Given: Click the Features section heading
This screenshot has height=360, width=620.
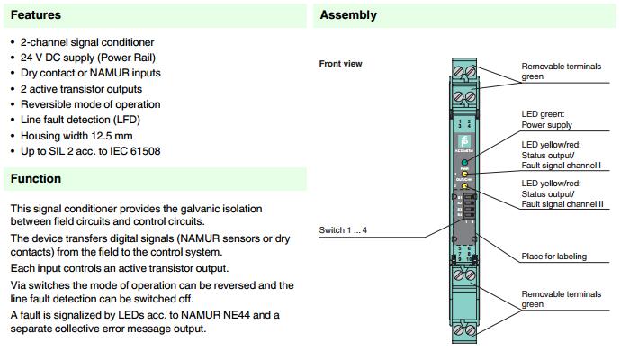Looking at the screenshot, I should [x=36, y=15].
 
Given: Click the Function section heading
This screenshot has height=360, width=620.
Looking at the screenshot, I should [x=36, y=178].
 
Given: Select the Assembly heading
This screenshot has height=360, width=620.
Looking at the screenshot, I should [x=348, y=15].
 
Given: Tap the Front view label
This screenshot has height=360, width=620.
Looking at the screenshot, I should [x=341, y=64].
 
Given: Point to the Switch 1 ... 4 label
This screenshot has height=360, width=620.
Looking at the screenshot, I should [x=343, y=230].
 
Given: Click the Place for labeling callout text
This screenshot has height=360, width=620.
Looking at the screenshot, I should [x=553, y=256].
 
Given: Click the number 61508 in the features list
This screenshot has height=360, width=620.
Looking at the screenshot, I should [x=143, y=150].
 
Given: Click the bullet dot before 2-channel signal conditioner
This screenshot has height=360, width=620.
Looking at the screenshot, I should [x=12, y=42].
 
